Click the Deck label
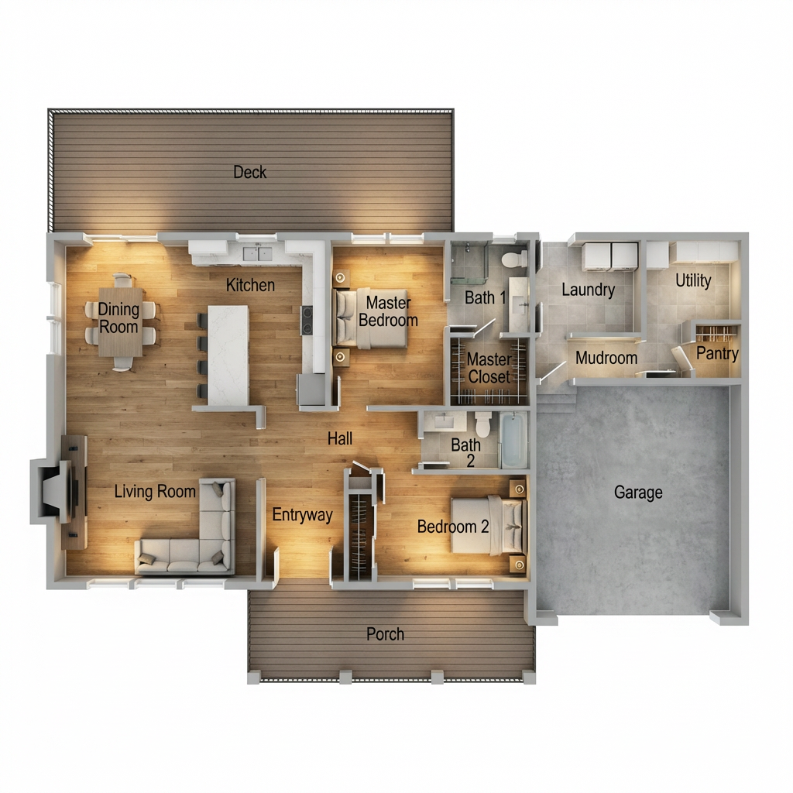click(249, 172)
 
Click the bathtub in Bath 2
click(513, 440)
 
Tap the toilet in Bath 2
click(482, 424)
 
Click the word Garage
click(638, 492)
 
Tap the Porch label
click(385, 634)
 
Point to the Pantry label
click(717, 354)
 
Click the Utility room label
click(693, 280)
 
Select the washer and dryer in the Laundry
click(609, 256)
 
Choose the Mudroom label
click(606, 358)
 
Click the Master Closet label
click(489, 368)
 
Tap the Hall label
click(339, 439)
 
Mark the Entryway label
click(302, 514)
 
